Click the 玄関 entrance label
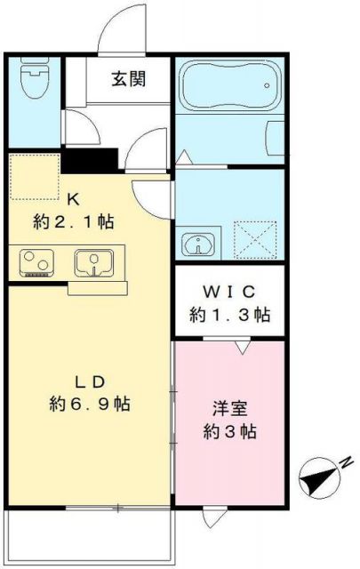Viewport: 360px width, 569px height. pos(129,77)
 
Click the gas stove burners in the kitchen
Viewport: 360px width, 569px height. pos(36,263)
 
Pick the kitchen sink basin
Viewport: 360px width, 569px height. pos(92,262)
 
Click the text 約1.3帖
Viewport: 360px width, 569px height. pos(229,314)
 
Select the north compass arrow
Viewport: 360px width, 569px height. pos(316,479)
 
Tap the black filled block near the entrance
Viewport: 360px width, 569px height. pos(90,161)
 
